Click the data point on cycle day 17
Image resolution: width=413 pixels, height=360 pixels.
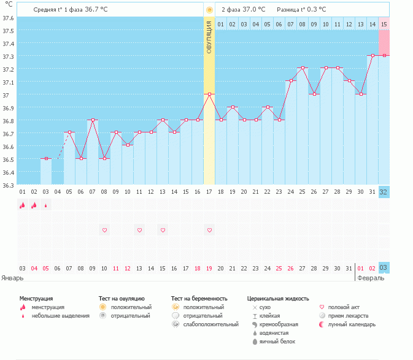pyautogui.click(x=209, y=94)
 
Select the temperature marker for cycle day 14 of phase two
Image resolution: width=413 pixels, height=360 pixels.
pyautogui.click(x=372, y=55)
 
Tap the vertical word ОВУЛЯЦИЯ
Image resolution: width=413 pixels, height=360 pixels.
pyautogui.click(x=209, y=38)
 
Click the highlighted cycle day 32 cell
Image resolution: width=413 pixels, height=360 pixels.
pyautogui.click(x=384, y=192)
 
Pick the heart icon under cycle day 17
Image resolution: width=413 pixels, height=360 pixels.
pyautogui.click(x=209, y=230)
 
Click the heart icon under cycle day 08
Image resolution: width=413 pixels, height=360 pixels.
pyautogui.click(x=104, y=230)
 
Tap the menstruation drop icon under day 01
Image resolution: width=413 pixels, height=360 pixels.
pyautogui.click(x=22, y=206)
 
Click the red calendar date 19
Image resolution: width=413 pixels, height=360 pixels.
pyautogui.click(x=209, y=268)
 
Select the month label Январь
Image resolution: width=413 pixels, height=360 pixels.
pyautogui.click(x=12, y=277)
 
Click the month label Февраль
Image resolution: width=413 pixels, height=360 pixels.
pyautogui.click(x=371, y=277)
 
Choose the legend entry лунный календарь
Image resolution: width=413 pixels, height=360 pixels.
pyautogui.click(x=351, y=324)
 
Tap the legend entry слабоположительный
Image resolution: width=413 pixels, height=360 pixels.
pyautogui.click(x=210, y=324)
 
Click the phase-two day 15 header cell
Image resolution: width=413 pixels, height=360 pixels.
pyautogui.click(x=384, y=24)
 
